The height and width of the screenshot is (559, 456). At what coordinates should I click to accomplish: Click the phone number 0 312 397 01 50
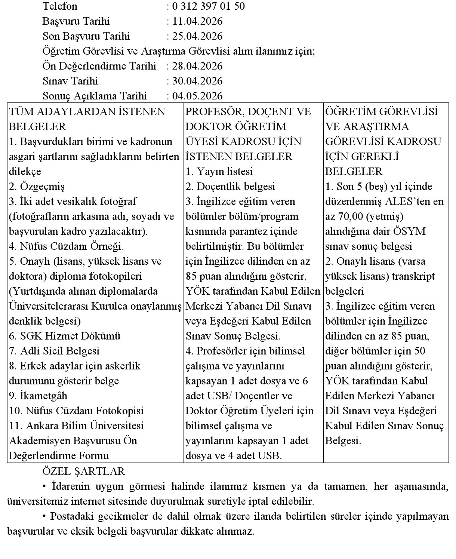coord(209,6)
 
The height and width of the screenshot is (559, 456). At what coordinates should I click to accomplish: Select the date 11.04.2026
coord(197,21)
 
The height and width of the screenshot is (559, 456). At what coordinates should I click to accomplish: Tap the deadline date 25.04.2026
coord(197,36)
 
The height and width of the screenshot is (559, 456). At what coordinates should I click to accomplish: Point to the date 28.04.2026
coord(197,66)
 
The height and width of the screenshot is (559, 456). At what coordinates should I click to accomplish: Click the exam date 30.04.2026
coord(197,81)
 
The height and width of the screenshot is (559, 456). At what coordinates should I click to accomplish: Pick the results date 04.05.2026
coord(197,96)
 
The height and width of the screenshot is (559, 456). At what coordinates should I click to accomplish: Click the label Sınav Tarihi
coord(70,81)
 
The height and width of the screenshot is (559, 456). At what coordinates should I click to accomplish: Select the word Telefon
coord(60,6)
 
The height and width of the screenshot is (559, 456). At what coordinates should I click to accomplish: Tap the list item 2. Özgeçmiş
coord(37,186)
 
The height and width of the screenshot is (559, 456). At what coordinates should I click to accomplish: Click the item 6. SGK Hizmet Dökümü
coord(65,336)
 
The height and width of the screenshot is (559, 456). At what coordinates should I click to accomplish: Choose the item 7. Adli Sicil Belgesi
coord(54,351)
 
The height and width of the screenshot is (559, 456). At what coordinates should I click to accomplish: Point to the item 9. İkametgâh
coord(38,396)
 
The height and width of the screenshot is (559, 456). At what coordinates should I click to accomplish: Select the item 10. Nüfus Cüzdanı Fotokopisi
coord(76,411)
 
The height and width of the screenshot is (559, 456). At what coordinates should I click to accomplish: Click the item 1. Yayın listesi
coord(219,171)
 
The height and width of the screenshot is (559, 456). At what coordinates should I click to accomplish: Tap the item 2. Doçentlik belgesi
coord(230,186)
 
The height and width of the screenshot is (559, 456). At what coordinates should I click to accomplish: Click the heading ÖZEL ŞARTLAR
coord(84,471)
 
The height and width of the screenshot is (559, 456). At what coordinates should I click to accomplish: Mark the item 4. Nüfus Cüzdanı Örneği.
coord(66,246)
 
